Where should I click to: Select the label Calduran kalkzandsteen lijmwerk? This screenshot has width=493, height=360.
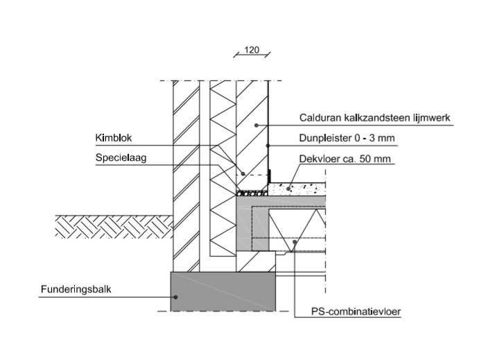click(374, 118)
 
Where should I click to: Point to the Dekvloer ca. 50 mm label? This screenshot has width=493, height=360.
click(345, 159)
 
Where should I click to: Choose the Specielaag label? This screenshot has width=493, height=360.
click(116, 158)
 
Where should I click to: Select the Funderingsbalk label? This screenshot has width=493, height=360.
click(71, 289)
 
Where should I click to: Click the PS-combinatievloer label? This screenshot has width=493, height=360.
click(356, 311)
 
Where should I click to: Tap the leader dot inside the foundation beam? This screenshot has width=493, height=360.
click(175, 298)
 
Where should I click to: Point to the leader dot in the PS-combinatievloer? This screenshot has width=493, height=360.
click(295, 242)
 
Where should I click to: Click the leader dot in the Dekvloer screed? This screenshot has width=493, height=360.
click(291, 188)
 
